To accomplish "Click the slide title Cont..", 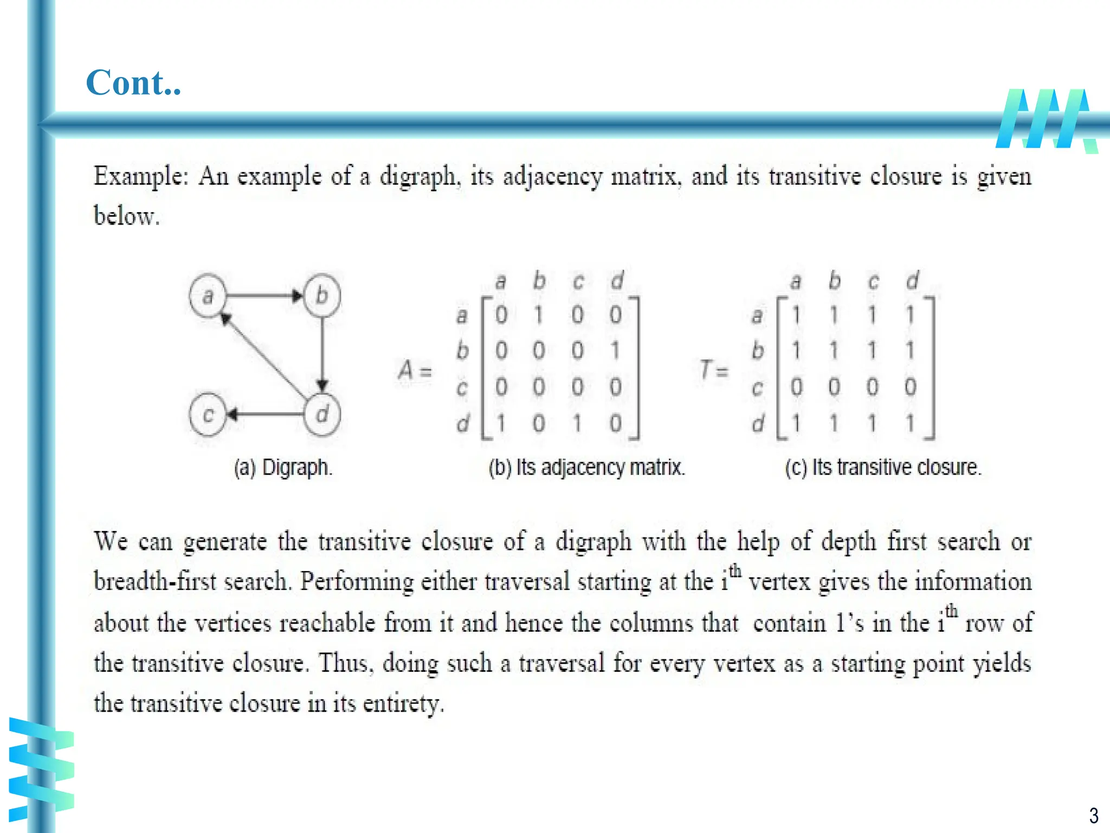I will coord(133,83).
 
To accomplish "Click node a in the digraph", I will coord(208,296).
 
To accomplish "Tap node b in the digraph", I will coord(322,296).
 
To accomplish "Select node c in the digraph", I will coord(208,415).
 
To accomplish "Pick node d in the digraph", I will coord(322,415).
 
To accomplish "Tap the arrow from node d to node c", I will coord(266,415).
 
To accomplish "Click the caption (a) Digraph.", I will coord(283,467).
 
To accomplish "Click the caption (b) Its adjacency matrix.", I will coord(586,467).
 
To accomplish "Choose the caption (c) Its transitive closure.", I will coord(883,467).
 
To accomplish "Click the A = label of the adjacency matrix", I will coord(415,370).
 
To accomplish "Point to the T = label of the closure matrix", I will coord(713,370).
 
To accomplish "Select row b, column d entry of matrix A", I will coord(615,351).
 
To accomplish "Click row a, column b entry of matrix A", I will coord(539,315).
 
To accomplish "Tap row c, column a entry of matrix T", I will coord(796,387).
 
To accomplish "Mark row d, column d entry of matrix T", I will coord(911,423).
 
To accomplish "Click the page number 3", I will coord(1094,815).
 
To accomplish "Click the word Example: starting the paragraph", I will coord(141,176).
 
